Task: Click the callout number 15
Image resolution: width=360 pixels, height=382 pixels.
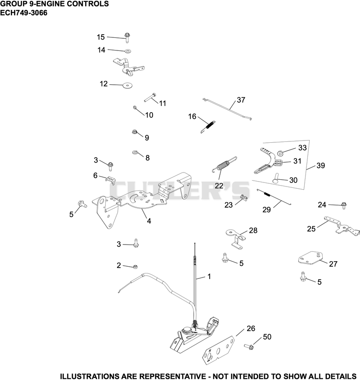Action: (101, 37)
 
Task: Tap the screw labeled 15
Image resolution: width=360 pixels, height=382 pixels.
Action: (127, 38)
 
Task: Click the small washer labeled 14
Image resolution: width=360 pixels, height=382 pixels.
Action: (127, 51)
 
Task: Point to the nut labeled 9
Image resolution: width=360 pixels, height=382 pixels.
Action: (134, 132)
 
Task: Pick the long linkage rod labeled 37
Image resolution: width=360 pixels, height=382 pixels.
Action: (227, 109)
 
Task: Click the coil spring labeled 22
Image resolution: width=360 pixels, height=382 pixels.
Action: (225, 164)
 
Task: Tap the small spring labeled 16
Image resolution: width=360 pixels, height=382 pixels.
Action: (208, 126)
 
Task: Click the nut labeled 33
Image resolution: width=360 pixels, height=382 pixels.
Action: (280, 154)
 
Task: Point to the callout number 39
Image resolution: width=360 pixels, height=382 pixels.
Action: (320, 165)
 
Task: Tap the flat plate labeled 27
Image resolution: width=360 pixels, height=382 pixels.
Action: (310, 258)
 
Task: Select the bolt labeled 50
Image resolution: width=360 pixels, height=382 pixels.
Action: (249, 346)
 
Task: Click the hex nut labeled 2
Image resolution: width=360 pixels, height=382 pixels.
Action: (135, 267)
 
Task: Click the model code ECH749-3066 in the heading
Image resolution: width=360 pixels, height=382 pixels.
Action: (23, 13)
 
